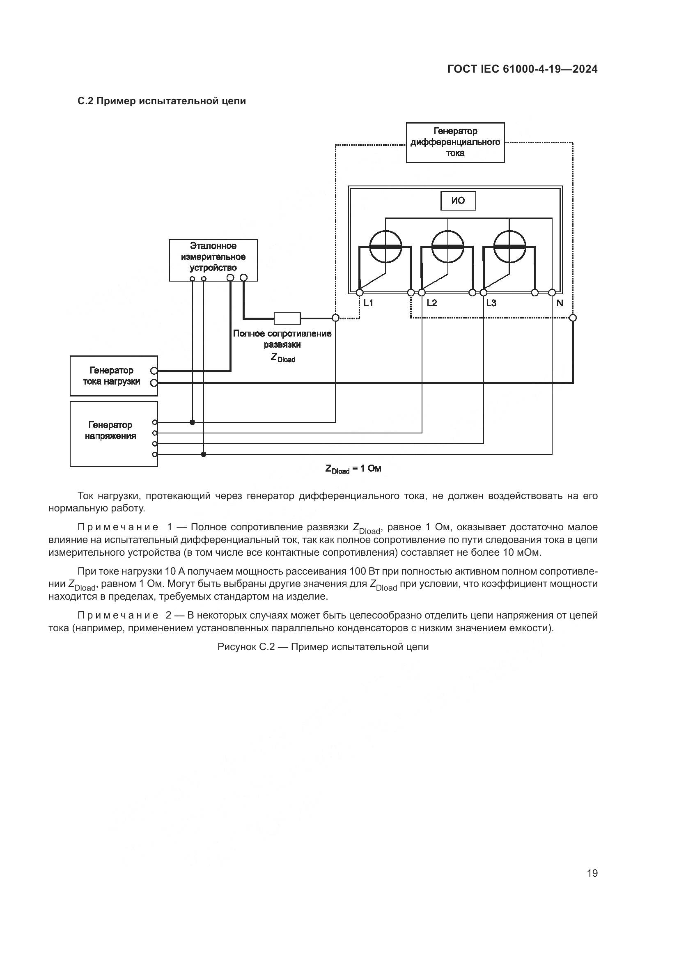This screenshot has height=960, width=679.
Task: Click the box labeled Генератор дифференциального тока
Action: point(455,142)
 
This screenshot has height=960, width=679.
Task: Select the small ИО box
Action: point(458,201)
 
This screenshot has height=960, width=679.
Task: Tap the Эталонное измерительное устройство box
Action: point(213,260)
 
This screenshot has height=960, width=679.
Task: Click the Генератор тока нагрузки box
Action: point(113,376)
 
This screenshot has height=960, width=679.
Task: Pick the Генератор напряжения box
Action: point(113,433)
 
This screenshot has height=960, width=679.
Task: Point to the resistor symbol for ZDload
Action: point(287,318)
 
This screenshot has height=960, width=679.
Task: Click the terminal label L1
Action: point(368,303)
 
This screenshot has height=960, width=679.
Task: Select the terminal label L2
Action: point(431,303)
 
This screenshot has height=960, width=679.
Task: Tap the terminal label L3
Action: point(491,303)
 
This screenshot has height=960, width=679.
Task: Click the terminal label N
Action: point(560,303)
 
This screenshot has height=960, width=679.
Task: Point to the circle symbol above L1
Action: point(385,247)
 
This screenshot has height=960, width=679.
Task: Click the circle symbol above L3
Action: point(510,247)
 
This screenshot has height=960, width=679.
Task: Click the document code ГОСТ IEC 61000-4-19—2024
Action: point(522,69)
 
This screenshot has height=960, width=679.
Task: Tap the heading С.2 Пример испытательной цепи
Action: point(162,101)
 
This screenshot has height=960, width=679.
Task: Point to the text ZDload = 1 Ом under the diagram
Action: point(353,469)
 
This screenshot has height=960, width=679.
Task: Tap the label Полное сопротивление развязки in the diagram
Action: point(282,339)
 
